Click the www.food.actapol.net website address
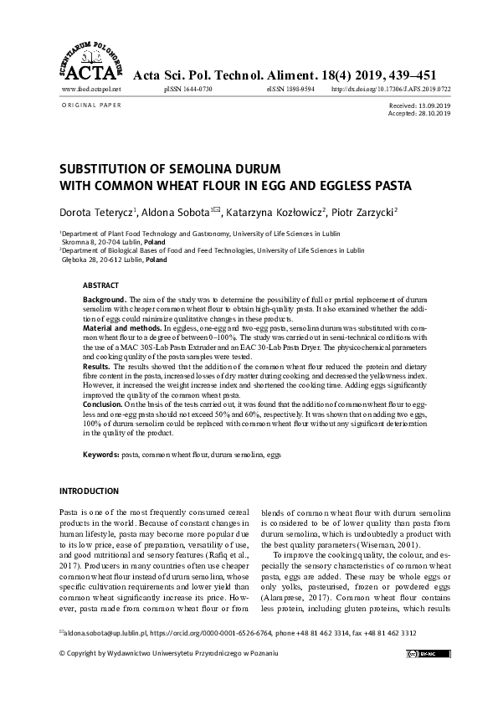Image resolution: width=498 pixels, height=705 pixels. pos(92,88)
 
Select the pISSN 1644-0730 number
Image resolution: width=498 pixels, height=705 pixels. pos(188,88)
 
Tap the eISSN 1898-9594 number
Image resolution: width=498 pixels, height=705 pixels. pos(290,88)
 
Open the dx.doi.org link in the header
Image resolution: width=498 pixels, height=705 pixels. pos(391,88)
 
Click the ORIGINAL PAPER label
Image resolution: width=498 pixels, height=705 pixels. pos(91,105)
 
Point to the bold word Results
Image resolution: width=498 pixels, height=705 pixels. pos(98,365)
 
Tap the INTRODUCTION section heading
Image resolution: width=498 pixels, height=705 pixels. pos(90,490)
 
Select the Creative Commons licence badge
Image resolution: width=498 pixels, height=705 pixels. pos(428,652)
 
